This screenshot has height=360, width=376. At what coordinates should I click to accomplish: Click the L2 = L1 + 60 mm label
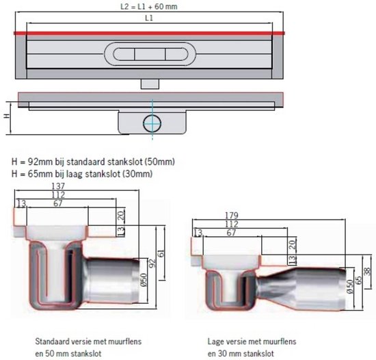coord(148,6)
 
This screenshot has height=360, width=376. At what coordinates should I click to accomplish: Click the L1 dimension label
coord(149,18)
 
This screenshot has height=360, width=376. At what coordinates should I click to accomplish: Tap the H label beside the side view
coord(7,116)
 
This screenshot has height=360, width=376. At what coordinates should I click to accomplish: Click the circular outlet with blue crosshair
coord(152,123)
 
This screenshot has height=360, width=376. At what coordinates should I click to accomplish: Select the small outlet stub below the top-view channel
coord(150,84)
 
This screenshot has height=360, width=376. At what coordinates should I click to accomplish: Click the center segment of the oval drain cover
coord(150,54)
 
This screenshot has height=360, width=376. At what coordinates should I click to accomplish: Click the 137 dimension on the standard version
coord(58,186)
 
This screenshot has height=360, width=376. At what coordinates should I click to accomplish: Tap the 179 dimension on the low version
coord(231,216)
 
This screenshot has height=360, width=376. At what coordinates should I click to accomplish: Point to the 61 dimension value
coord(161,253)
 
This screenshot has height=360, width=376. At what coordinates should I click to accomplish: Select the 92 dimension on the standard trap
coord(152,263)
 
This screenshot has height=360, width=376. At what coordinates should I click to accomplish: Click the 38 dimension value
coord(367,272)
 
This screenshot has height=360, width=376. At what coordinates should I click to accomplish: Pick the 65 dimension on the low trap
coord(358,280)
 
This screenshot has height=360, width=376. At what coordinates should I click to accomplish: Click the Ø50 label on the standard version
coord(144,280)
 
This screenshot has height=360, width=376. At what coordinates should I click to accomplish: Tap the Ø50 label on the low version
coord(350,286)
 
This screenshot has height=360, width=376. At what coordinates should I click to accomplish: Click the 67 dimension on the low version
coord(231,233)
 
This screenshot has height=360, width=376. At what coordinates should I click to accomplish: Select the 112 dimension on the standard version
coord(58,194)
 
